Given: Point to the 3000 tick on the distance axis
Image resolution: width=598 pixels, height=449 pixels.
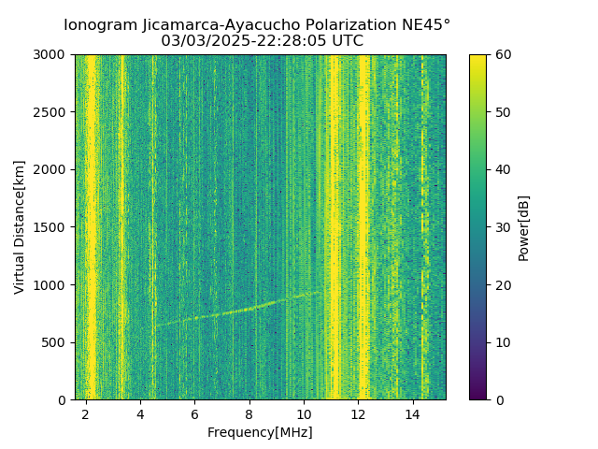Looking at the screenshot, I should (x=52, y=54).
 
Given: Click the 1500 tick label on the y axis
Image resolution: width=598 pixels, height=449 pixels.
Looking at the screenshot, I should (x=52, y=227).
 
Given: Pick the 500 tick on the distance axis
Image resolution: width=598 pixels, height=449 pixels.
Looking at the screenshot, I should (x=56, y=342).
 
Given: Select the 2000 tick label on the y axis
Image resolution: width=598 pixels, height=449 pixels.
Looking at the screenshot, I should (x=52, y=169).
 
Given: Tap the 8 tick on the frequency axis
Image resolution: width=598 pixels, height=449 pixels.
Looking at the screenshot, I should (x=249, y=413).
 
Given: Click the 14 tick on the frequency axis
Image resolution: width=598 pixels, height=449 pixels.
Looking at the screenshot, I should (x=412, y=413).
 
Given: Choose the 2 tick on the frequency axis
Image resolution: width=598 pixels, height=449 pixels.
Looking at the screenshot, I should (x=86, y=413).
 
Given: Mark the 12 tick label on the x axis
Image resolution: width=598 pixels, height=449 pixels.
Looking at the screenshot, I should (x=358, y=413).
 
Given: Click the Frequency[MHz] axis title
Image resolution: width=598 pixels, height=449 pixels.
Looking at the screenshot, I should (x=260, y=432).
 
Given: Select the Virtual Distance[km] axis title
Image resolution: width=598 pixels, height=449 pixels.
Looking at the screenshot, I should (x=20, y=227).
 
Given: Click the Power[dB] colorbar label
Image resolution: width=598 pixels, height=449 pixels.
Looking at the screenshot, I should (x=524, y=227).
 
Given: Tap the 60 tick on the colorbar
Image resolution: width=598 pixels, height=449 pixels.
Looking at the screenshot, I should (x=502, y=54).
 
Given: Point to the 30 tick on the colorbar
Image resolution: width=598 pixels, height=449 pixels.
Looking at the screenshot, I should (x=502, y=227).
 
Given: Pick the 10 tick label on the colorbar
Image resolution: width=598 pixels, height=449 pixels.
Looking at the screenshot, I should (x=502, y=342).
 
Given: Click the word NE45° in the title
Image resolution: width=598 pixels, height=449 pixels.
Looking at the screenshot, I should (x=432, y=25).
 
